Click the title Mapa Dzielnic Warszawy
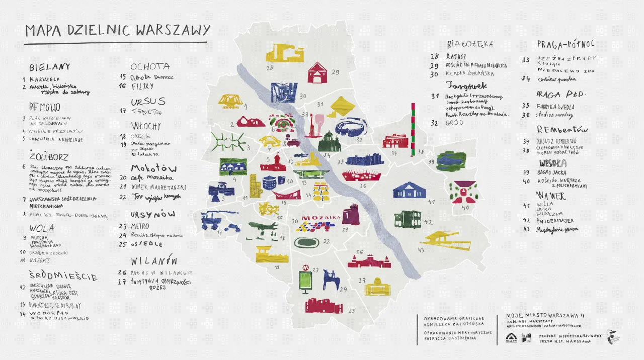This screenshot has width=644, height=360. click(117, 30)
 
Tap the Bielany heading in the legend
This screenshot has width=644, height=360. click(49, 67)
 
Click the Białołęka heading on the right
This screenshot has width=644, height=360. click(469, 44)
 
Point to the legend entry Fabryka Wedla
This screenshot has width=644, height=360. click(555, 107)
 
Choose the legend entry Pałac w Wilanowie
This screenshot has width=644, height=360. click(162, 273)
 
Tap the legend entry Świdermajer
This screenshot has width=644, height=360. click(555, 221)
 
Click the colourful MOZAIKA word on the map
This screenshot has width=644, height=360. click(320, 219)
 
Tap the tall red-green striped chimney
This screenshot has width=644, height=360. click(413, 129)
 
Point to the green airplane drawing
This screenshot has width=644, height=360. click(263, 226)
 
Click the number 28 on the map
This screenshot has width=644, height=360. click(269, 68)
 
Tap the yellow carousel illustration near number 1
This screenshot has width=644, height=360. click(230, 101)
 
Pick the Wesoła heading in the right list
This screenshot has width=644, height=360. click(553, 163)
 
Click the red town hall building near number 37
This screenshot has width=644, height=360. click(395, 140)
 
